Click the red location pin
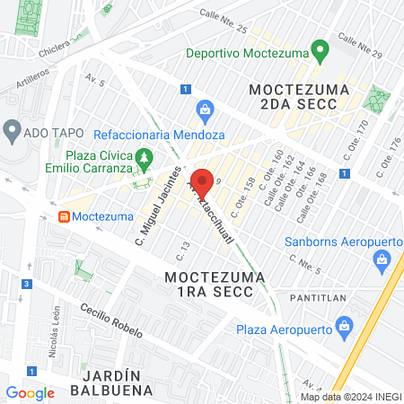pos(202,181)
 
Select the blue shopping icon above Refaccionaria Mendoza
pos(205,111)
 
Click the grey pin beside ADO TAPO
pos(13,131)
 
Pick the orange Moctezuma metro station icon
pos(65,217)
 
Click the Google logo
pos(30,392)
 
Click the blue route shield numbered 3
pos(28,285)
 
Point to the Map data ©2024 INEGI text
pos(349,397)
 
